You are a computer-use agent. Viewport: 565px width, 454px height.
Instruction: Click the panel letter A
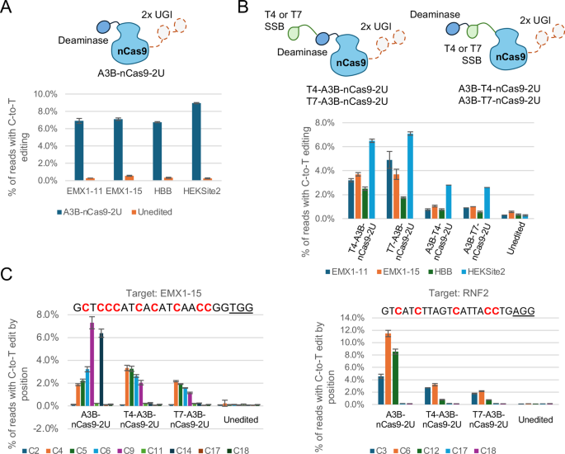(x=9, y=9)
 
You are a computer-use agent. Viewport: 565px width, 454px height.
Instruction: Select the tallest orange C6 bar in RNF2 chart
(x=388, y=369)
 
